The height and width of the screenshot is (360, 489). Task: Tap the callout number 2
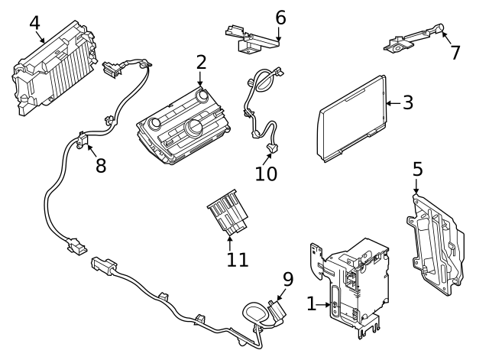click(x=201, y=62)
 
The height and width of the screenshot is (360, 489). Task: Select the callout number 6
click(x=280, y=16)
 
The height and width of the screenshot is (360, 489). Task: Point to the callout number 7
click(x=455, y=52)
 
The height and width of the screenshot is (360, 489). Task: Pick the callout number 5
click(x=417, y=169)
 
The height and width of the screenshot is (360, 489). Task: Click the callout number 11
click(x=237, y=259)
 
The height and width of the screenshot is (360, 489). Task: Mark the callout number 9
click(x=288, y=280)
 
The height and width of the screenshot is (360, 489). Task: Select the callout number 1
click(x=311, y=304)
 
